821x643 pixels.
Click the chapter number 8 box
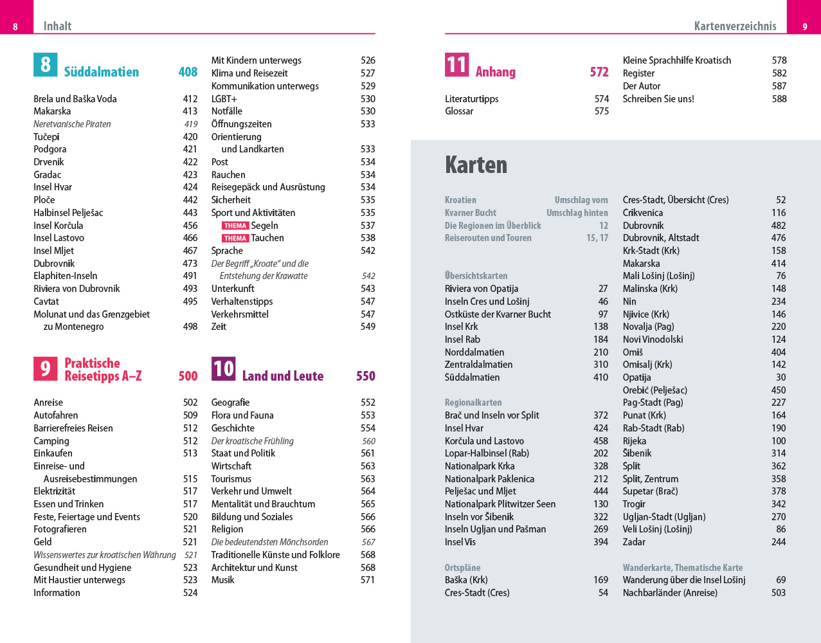coord(46,65)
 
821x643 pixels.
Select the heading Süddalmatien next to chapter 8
coord(102,72)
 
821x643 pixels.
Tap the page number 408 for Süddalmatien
coord(188,72)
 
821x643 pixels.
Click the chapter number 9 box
coord(46,368)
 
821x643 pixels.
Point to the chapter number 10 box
coord(223,368)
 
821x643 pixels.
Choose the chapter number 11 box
coord(456,65)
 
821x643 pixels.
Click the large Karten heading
coord(476,165)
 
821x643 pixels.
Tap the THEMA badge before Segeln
coord(235,226)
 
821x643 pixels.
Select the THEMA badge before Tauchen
coord(235,239)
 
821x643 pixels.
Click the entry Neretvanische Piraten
coord(72,124)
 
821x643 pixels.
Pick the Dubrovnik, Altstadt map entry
coord(660,238)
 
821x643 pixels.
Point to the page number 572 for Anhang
coord(599,72)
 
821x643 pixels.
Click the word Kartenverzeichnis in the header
coord(735,26)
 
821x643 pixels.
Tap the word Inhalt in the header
coord(57,26)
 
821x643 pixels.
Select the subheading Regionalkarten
coord(473,403)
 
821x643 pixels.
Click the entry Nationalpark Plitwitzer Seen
coord(500,504)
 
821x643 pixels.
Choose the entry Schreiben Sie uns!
coord(658,99)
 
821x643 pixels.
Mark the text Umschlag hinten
coord(577,213)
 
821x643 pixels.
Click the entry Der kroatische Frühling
coord(252,441)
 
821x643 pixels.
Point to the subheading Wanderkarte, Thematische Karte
coord(682,568)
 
